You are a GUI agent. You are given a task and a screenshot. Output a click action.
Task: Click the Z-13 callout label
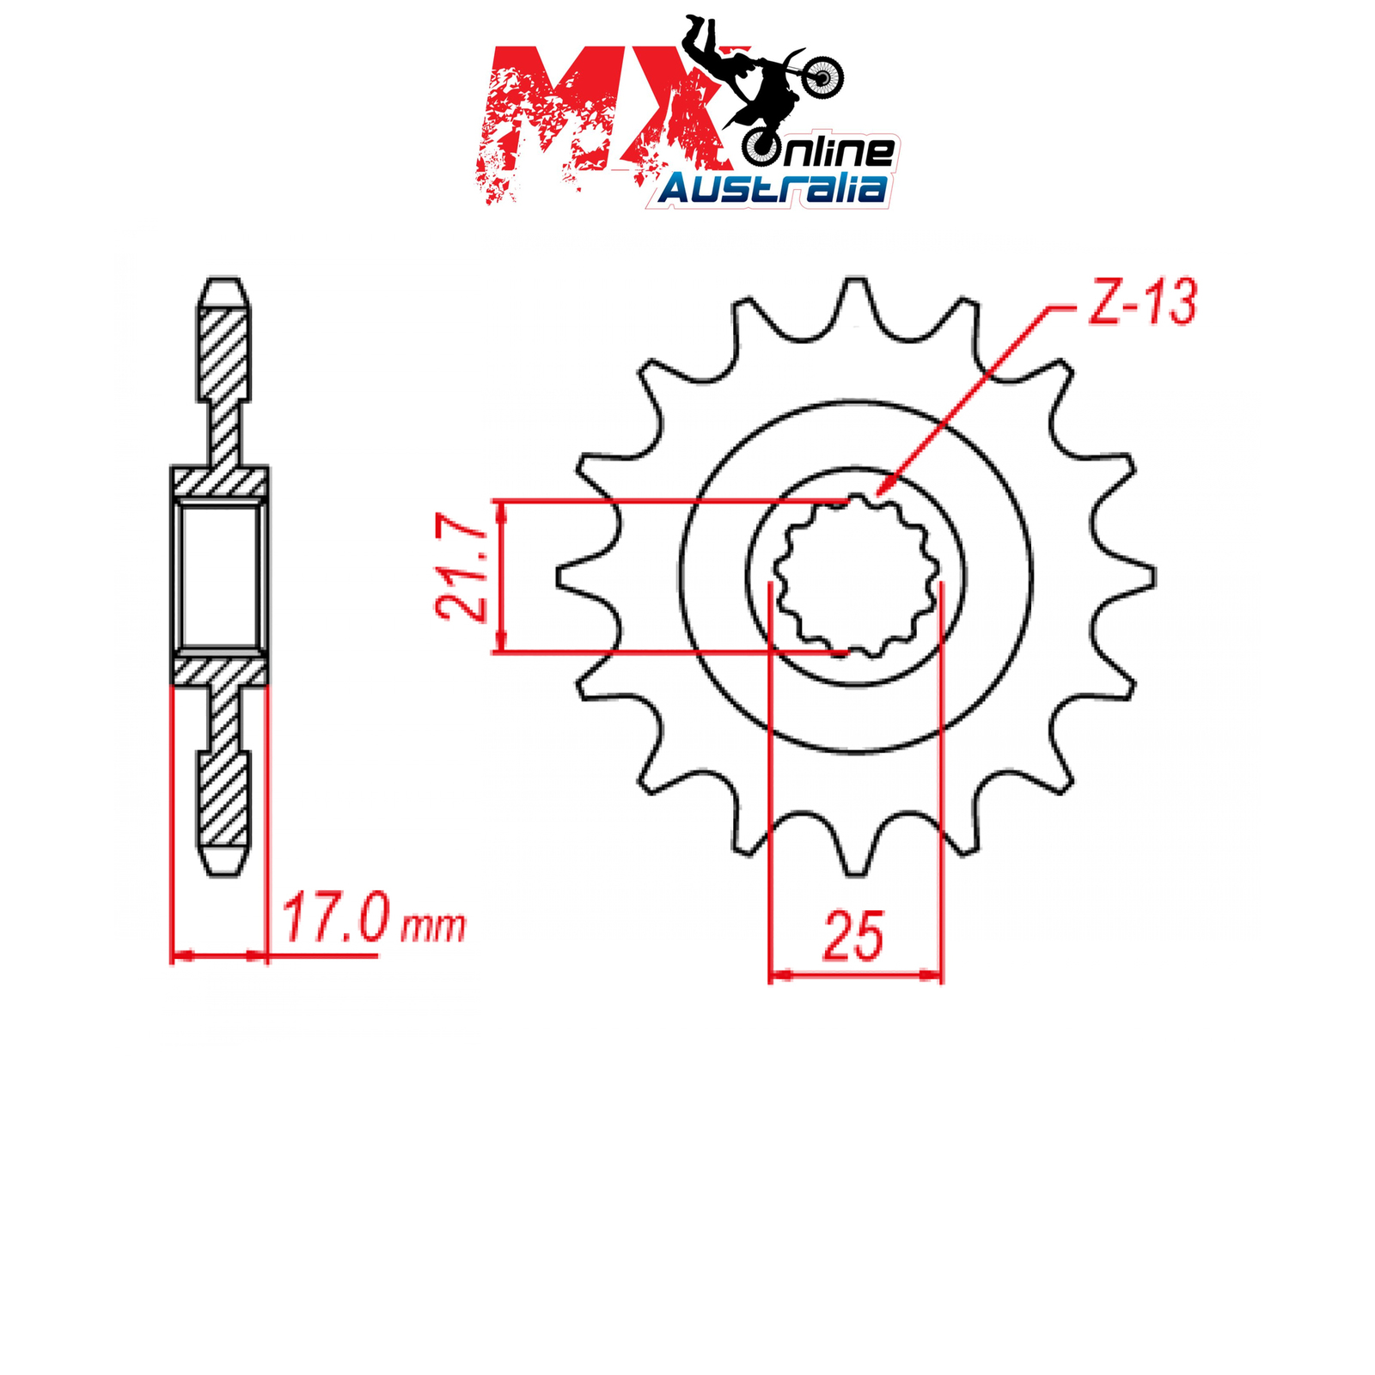[1142, 302]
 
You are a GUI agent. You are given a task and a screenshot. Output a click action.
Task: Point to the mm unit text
[434, 926]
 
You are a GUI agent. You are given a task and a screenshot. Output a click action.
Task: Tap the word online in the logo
[821, 151]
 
